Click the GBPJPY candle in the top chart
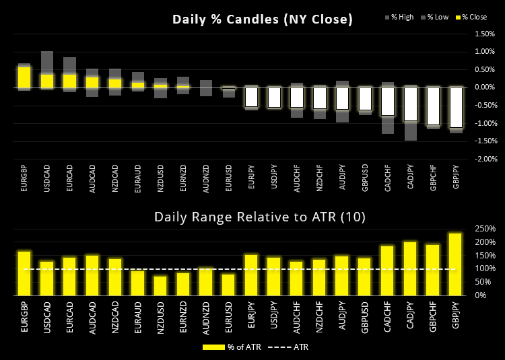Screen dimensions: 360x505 [x=456, y=107]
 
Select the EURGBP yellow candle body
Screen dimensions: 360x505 [x=24, y=77]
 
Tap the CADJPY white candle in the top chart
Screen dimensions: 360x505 [x=411, y=104]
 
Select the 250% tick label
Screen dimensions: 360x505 [x=485, y=229]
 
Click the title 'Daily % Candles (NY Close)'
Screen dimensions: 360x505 [x=263, y=20]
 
